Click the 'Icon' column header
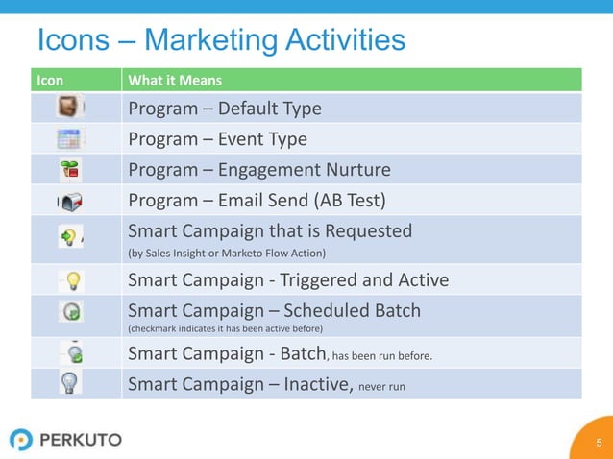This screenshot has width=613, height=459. (x=50, y=80)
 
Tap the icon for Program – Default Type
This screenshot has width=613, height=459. (x=69, y=107)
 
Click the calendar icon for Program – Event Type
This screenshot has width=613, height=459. (x=70, y=138)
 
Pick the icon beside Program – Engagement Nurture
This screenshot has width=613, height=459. (x=70, y=169)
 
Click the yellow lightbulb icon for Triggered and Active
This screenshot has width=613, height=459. (x=72, y=280)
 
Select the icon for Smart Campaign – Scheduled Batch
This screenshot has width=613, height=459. (x=72, y=311)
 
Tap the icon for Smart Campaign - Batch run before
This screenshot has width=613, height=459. (x=72, y=351)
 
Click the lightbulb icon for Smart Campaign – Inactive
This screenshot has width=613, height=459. (x=71, y=382)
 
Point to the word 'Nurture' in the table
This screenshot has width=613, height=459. (x=356, y=170)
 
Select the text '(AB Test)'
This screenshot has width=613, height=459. (x=352, y=201)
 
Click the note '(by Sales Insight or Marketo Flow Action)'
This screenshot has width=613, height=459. (x=227, y=254)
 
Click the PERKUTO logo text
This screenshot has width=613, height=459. (x=81, y=440)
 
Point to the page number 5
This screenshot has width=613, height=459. (x=599, y=443)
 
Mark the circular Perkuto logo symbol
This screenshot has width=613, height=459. (x=21, y=440)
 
